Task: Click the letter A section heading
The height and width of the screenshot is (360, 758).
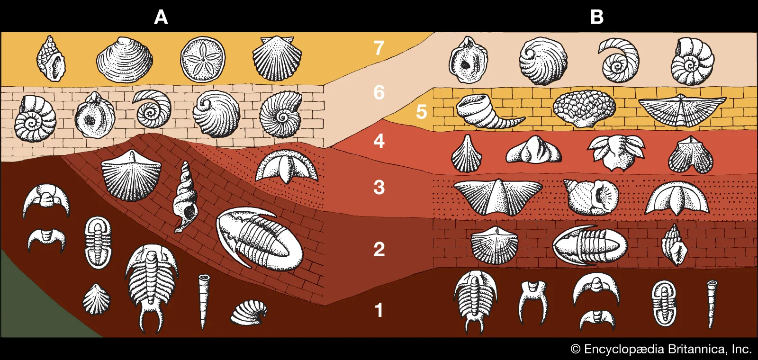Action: tap(161, 18)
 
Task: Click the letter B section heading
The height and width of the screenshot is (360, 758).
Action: tap(597, 18)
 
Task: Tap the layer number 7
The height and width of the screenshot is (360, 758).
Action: tap(379, 48)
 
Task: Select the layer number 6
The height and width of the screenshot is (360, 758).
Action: tap(379, 92)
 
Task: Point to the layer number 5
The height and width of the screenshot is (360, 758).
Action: tap(421, 112)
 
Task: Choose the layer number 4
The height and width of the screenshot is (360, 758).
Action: tap(379, 141)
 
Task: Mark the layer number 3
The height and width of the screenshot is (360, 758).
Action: tap(379, 188)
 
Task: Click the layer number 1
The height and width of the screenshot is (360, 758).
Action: tap(379, 311)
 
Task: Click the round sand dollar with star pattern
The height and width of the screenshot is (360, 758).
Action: tap(203, 60)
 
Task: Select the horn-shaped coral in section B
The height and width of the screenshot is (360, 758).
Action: tap(488, 112)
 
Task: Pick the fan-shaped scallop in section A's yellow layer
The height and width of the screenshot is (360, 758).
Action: tap(278, 58)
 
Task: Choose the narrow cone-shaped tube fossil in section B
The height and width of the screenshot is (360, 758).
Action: tap(712, 303)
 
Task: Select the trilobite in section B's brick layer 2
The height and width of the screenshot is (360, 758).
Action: tap(589, 245)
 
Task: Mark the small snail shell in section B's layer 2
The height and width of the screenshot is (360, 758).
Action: tap(674, 244)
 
